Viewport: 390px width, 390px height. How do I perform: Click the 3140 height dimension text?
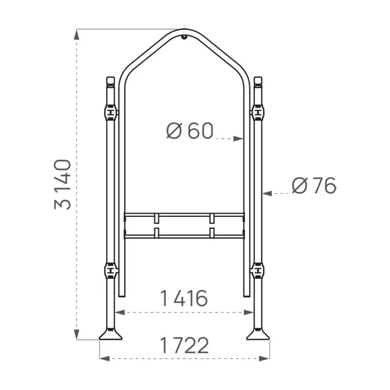pyautogui.click(x=63, y=184)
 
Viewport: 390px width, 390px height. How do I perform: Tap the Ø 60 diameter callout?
pyautogui.click(x=190, y=131)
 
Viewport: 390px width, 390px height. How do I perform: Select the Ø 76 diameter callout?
pyautogui.click(x=314, y=186)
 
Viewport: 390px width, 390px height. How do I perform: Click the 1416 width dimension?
pyautogui.click(x=184, y=298)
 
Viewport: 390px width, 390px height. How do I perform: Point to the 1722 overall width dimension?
pyautogui.click(x=184, y=345)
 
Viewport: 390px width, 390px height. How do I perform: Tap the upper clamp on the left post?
pyautogui.click(x=111, y=113)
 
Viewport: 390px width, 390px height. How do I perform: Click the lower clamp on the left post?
pyautogui.click(x=111, y=269)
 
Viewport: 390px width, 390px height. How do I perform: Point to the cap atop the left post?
pyautogui.click(x=111, y=80)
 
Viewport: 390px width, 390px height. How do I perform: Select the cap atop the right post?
pyautogui.click(x=258, y=80)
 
